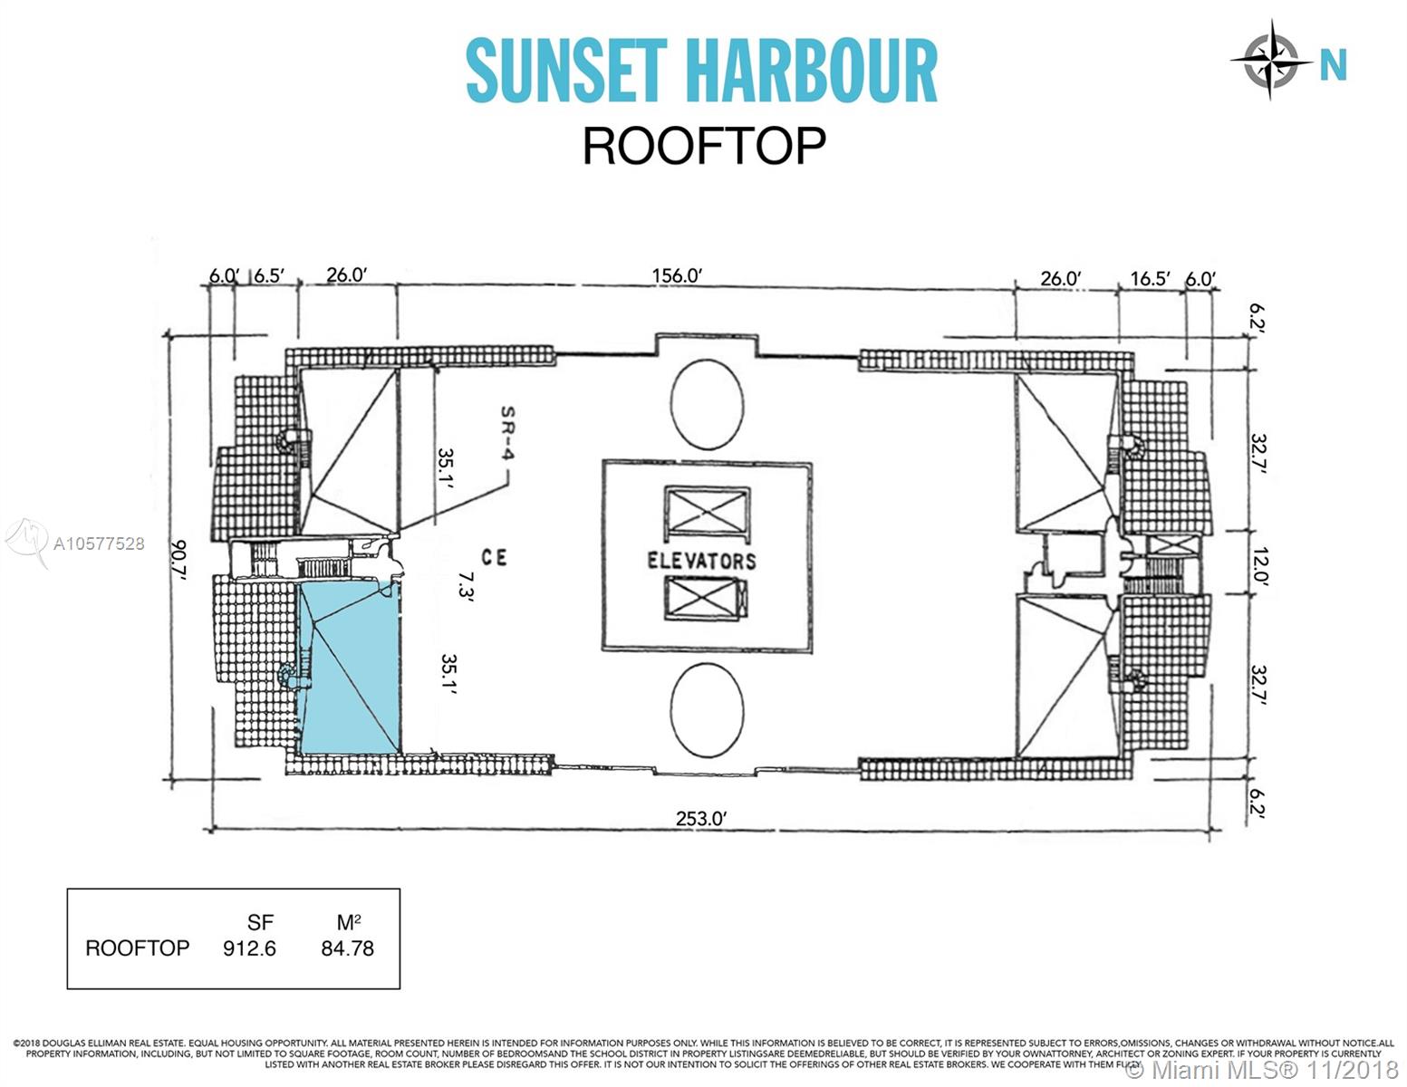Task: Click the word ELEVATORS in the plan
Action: point(701,561)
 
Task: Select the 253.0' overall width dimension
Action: point(701,818)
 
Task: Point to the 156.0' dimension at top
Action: point(677,275)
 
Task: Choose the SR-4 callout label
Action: point(507,432)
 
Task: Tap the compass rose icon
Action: point(1271,60)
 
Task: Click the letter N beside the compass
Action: point(1333,65)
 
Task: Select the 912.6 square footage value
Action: point(249,948)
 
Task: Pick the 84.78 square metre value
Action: point(347,948)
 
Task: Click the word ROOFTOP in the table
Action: point(137,948)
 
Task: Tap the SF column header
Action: point(260,922)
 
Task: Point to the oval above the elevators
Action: point(707,404)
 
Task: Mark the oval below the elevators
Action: point(707,709)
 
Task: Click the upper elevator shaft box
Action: point(707,515)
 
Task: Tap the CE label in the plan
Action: point(494,557)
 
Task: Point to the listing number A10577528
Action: point(99,543)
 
